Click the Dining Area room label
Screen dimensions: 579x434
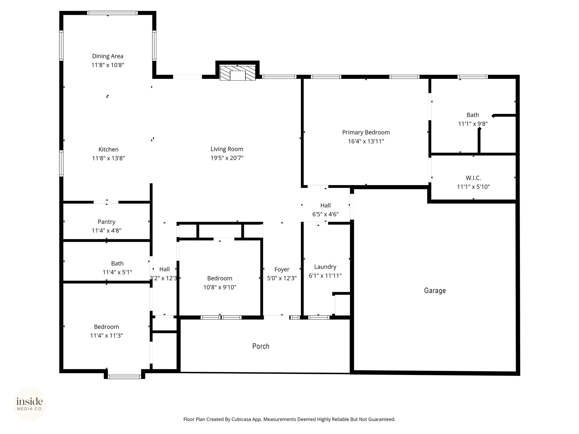tap(108, 56)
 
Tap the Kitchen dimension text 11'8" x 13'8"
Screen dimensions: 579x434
tap(109, 158)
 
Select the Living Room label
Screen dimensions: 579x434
tap(227, 149)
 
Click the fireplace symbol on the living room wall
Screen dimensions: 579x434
tap(237, 73)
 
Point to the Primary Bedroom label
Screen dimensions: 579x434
tap(366, 133)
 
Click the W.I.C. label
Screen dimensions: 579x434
tap(473, 178)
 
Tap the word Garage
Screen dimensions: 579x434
tap(435, 290)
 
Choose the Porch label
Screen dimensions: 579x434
tap(261, 346)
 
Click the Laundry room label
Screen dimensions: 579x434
tap(325, 267)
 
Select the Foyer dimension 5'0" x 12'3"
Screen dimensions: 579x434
tap(282, 278)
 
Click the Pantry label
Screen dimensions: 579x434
tap(107, 222)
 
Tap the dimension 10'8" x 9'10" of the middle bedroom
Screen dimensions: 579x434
tap(220, 287)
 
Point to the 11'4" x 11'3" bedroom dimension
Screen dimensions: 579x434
tap(107, 336)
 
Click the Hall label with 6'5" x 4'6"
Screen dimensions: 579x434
tap(325, 205)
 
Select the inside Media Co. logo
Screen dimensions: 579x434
tap(30, 404)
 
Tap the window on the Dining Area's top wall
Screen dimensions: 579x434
tap(112, 13)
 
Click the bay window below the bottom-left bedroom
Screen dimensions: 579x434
tap(124, 377)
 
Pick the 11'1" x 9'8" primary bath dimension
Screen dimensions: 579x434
tap(473, 124)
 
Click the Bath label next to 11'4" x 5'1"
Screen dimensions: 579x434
tap(117, 264)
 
